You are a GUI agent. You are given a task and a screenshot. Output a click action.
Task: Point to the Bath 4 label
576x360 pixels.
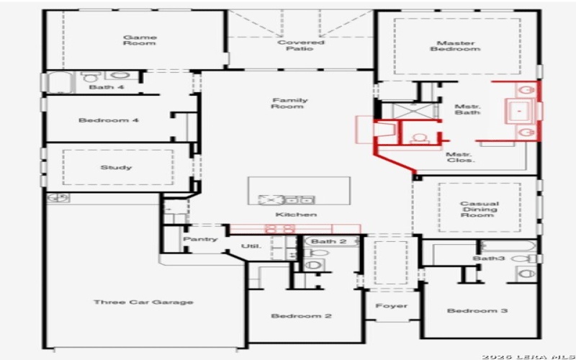[x=107, y=87]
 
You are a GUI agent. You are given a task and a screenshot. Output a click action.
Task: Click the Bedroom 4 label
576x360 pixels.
[x=109, y=120]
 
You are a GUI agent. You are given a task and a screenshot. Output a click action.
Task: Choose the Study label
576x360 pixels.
[x=116, y=168]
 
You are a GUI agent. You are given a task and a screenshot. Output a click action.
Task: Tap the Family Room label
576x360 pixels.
[x=289, y=104]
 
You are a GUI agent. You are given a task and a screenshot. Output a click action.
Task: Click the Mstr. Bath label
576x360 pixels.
[x=467, y=111]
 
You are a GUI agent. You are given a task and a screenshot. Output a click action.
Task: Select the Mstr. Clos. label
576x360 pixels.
[x=460, y=158]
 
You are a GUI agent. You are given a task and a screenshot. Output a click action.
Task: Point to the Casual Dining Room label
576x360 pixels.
[x=480, y=209]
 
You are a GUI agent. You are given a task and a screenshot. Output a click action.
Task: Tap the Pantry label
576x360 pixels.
[x=200, y=239]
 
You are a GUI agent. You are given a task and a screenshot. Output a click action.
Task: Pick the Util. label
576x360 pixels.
[x=251, y=246]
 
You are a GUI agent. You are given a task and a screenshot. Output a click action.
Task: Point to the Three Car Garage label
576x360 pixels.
[x=143, y=302]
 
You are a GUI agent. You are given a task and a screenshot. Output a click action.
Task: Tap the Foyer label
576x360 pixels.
[x=392, y=306]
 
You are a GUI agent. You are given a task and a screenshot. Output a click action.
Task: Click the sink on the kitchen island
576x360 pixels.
[x=274, y=199]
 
